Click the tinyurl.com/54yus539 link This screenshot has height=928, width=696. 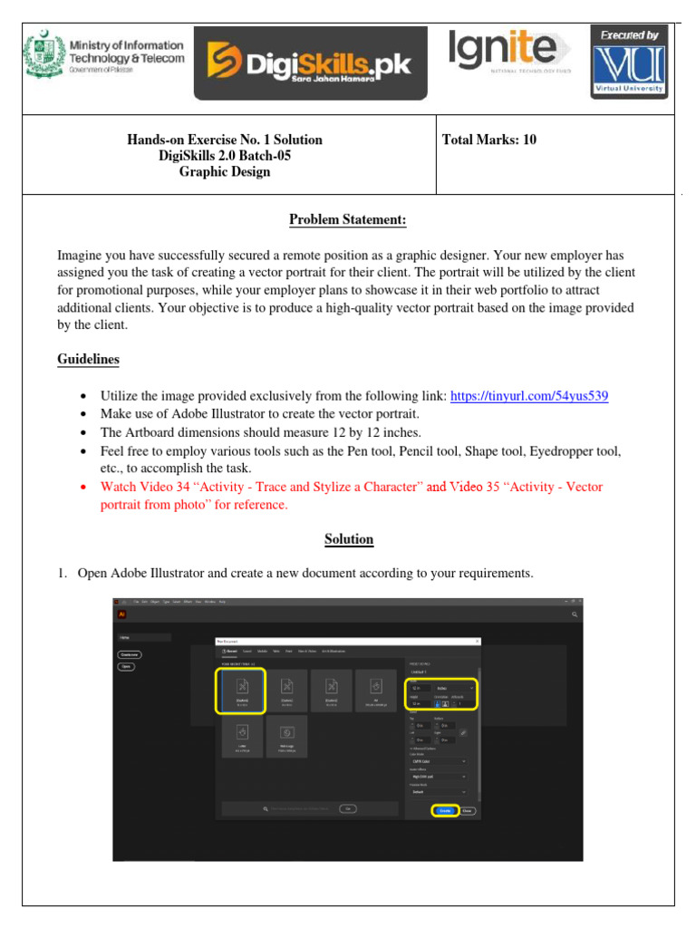pos(528,396)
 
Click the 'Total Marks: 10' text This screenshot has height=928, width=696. pos(489,140)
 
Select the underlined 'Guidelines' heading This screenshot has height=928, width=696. pos(88,360)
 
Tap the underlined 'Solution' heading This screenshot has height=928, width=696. pos(349,539)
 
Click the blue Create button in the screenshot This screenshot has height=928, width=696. pos(445,810)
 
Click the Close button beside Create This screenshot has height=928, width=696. pos(468,810)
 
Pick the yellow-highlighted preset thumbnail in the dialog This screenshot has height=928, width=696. pos(241,691)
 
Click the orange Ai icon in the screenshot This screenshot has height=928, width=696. pos(121,614)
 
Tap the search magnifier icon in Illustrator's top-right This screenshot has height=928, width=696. pos(575,614)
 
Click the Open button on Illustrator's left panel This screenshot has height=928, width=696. pos(126,666)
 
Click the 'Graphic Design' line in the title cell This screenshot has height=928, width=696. pos(225,172)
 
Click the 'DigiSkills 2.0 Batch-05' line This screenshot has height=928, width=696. pos(225,156)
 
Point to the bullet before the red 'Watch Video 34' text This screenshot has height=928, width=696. pos(83,488)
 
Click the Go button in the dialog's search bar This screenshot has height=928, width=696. pos(347,808)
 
